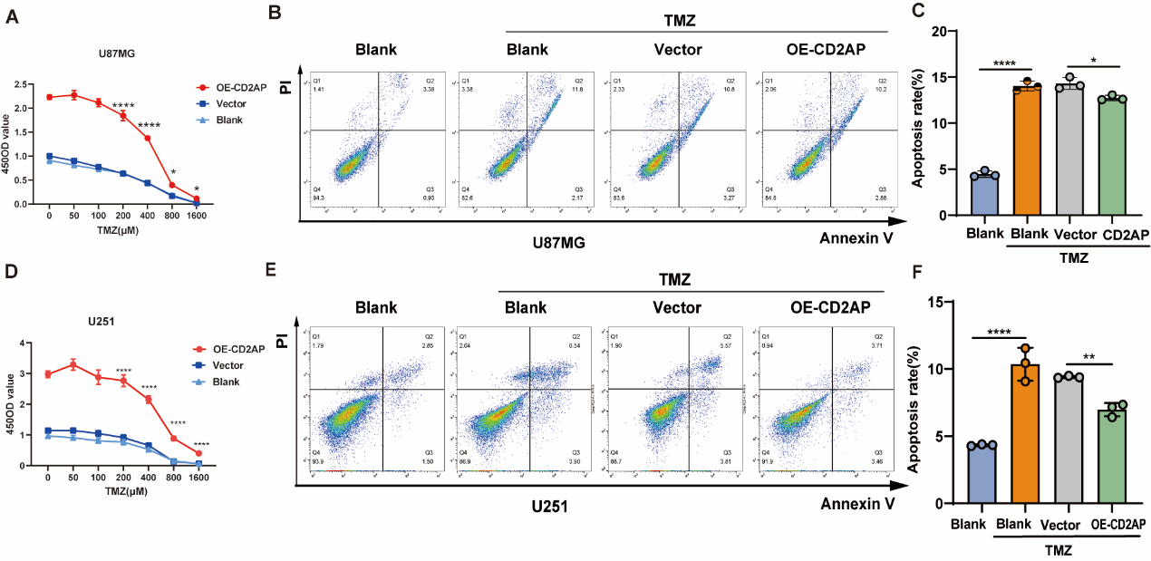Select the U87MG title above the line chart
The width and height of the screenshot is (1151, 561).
(118, 53)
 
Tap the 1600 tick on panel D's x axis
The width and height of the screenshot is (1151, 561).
(197, 479)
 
